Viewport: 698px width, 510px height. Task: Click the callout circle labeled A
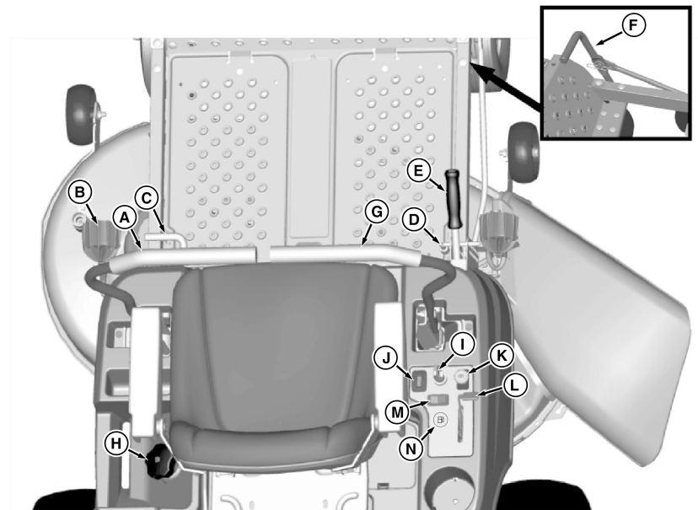tap(125, 217)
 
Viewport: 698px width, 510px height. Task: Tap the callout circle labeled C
tap(146, 199)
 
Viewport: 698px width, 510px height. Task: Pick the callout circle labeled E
tap(416, 171)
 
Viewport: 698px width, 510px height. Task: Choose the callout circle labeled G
tap(378, 212)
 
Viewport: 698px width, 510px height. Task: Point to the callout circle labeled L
tap(515, 384)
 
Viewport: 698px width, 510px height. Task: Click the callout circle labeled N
tap(411, 448)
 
